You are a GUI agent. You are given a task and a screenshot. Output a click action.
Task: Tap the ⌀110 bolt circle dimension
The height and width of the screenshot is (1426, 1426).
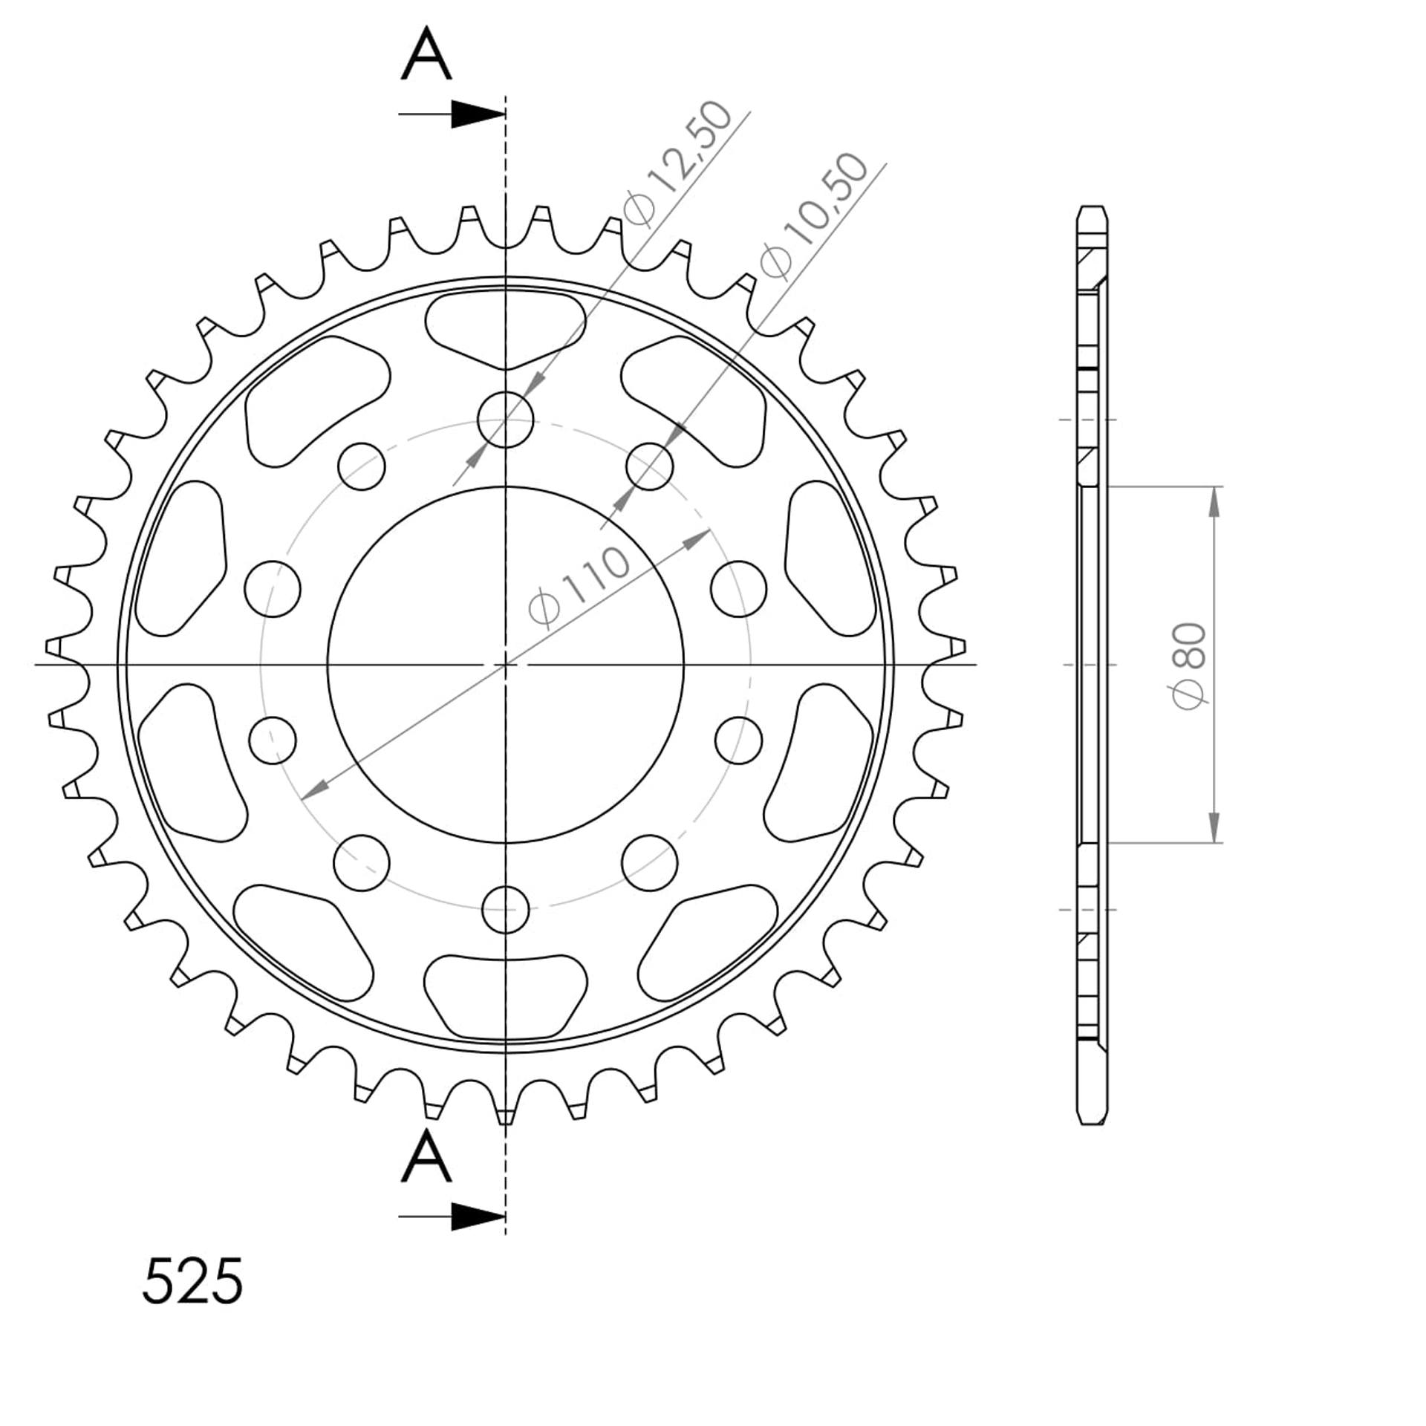579,587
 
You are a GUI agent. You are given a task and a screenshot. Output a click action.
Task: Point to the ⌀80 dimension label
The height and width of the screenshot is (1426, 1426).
1189,665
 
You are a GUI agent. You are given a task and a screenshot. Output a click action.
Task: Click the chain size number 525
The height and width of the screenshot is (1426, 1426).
192,1281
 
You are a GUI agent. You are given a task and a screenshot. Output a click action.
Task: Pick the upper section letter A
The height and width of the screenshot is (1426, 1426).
426,53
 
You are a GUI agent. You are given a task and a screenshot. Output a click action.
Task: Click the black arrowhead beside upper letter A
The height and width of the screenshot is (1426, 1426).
478,114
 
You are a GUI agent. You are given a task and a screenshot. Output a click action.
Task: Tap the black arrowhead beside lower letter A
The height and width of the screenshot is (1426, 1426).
478,1217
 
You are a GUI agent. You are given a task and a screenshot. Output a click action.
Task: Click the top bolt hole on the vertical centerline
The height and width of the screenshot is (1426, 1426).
505,420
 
